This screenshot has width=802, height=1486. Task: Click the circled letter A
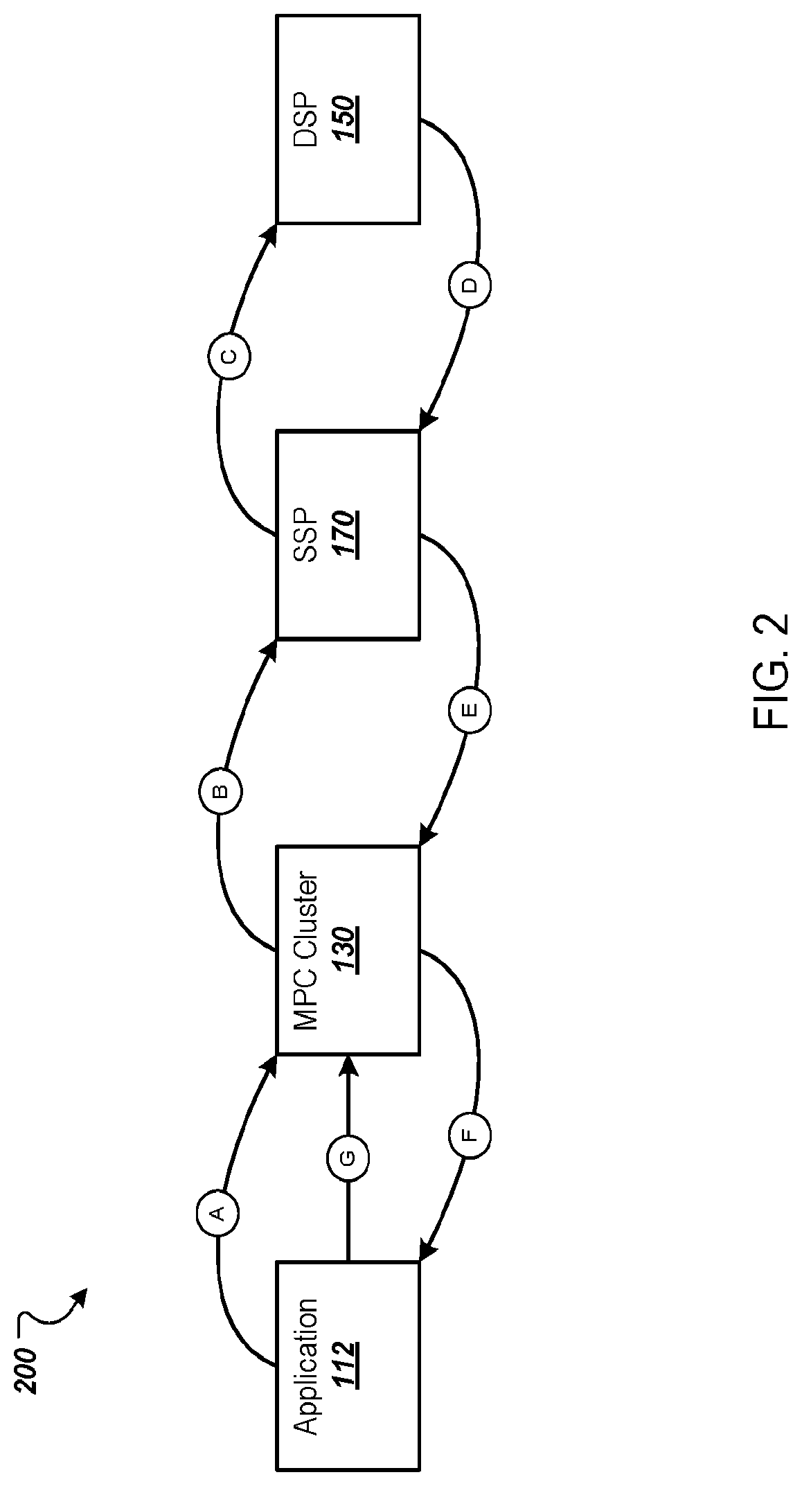[x=217, y=1212]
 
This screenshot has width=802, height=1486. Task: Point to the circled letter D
[x=470, y=285]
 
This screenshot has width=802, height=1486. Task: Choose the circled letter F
[x=470, y=1135]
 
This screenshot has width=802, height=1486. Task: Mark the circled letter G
[x=347, y=1156]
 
